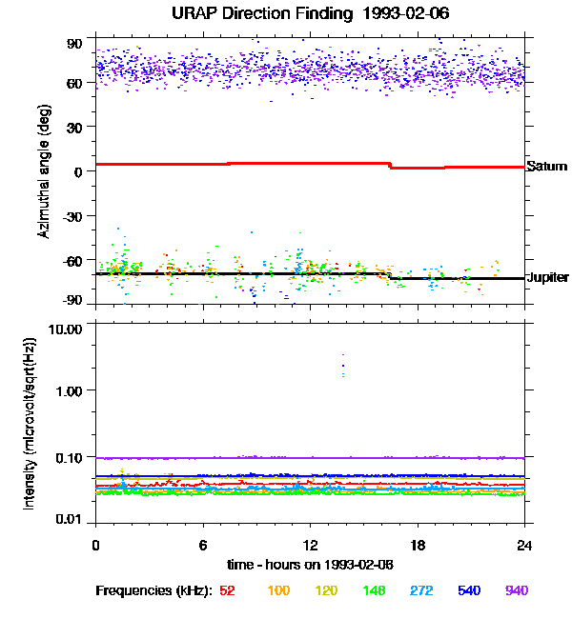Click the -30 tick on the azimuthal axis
[74, 215]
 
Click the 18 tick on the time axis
[418, 545]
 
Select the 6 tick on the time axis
[203, 545]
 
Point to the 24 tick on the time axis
[524, 545]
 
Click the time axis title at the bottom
[310, 563]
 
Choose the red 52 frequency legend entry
[227, 590]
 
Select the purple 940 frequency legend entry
[516, 590]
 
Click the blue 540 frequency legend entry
[468, 590]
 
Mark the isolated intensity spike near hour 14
[342, 366]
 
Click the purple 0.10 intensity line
[286, 458]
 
